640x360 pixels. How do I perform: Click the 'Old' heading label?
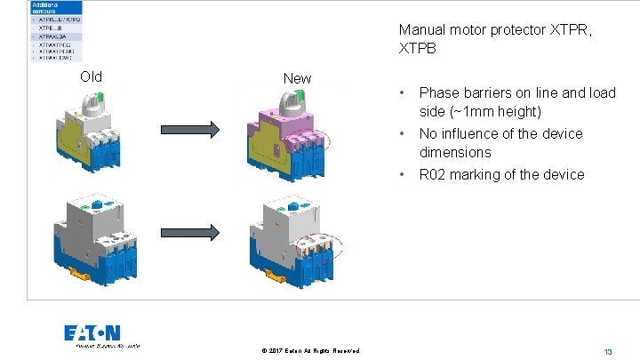[x=91, y=76]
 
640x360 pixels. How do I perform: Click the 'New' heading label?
[x=297, y=78]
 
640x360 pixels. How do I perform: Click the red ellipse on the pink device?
[x=316, y=140]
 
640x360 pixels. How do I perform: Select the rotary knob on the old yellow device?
[x=92, y=100]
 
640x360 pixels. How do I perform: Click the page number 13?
[x=608, y=352]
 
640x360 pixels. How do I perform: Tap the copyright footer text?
[x=310, y=351]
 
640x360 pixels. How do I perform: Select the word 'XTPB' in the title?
[x=418, y=50]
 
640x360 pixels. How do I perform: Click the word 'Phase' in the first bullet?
[x=438, y=92]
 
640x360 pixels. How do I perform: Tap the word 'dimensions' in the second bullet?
[x=455, y=152]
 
